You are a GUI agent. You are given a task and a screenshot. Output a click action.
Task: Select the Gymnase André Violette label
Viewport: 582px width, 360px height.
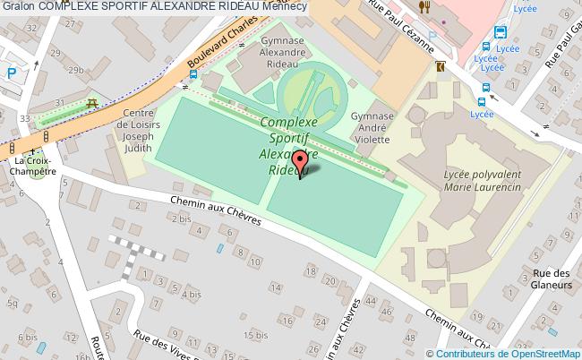tap(372, 127)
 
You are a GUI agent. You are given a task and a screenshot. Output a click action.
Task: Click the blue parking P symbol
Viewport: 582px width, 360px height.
tap(11, 75)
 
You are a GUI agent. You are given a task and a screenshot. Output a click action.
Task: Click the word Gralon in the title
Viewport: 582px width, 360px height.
tap(18, 6)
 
